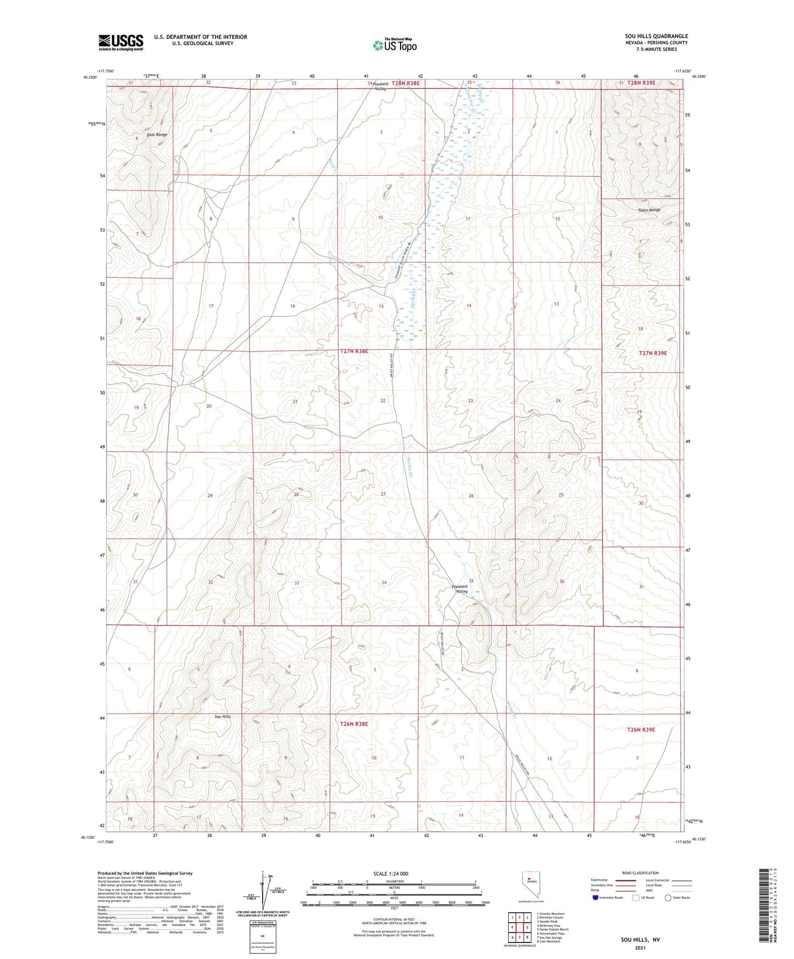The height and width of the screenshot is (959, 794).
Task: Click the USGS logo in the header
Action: (x=121, y=42)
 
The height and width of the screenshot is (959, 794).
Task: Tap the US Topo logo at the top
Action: (x=395, y=45)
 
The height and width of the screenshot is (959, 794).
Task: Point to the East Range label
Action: (x=157, y=135)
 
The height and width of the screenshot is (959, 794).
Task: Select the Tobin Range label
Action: (x=649, y=210)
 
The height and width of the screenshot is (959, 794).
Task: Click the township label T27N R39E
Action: (x=653, y=353)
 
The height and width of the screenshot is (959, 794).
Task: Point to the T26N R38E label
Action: (x=354, y=724)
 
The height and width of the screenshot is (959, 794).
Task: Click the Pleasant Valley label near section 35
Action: (x=459, y=589)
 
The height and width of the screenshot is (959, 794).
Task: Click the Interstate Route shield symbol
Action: (x=596, y=897)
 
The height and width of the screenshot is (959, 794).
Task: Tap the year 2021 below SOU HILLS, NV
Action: (x=640, y=947)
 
